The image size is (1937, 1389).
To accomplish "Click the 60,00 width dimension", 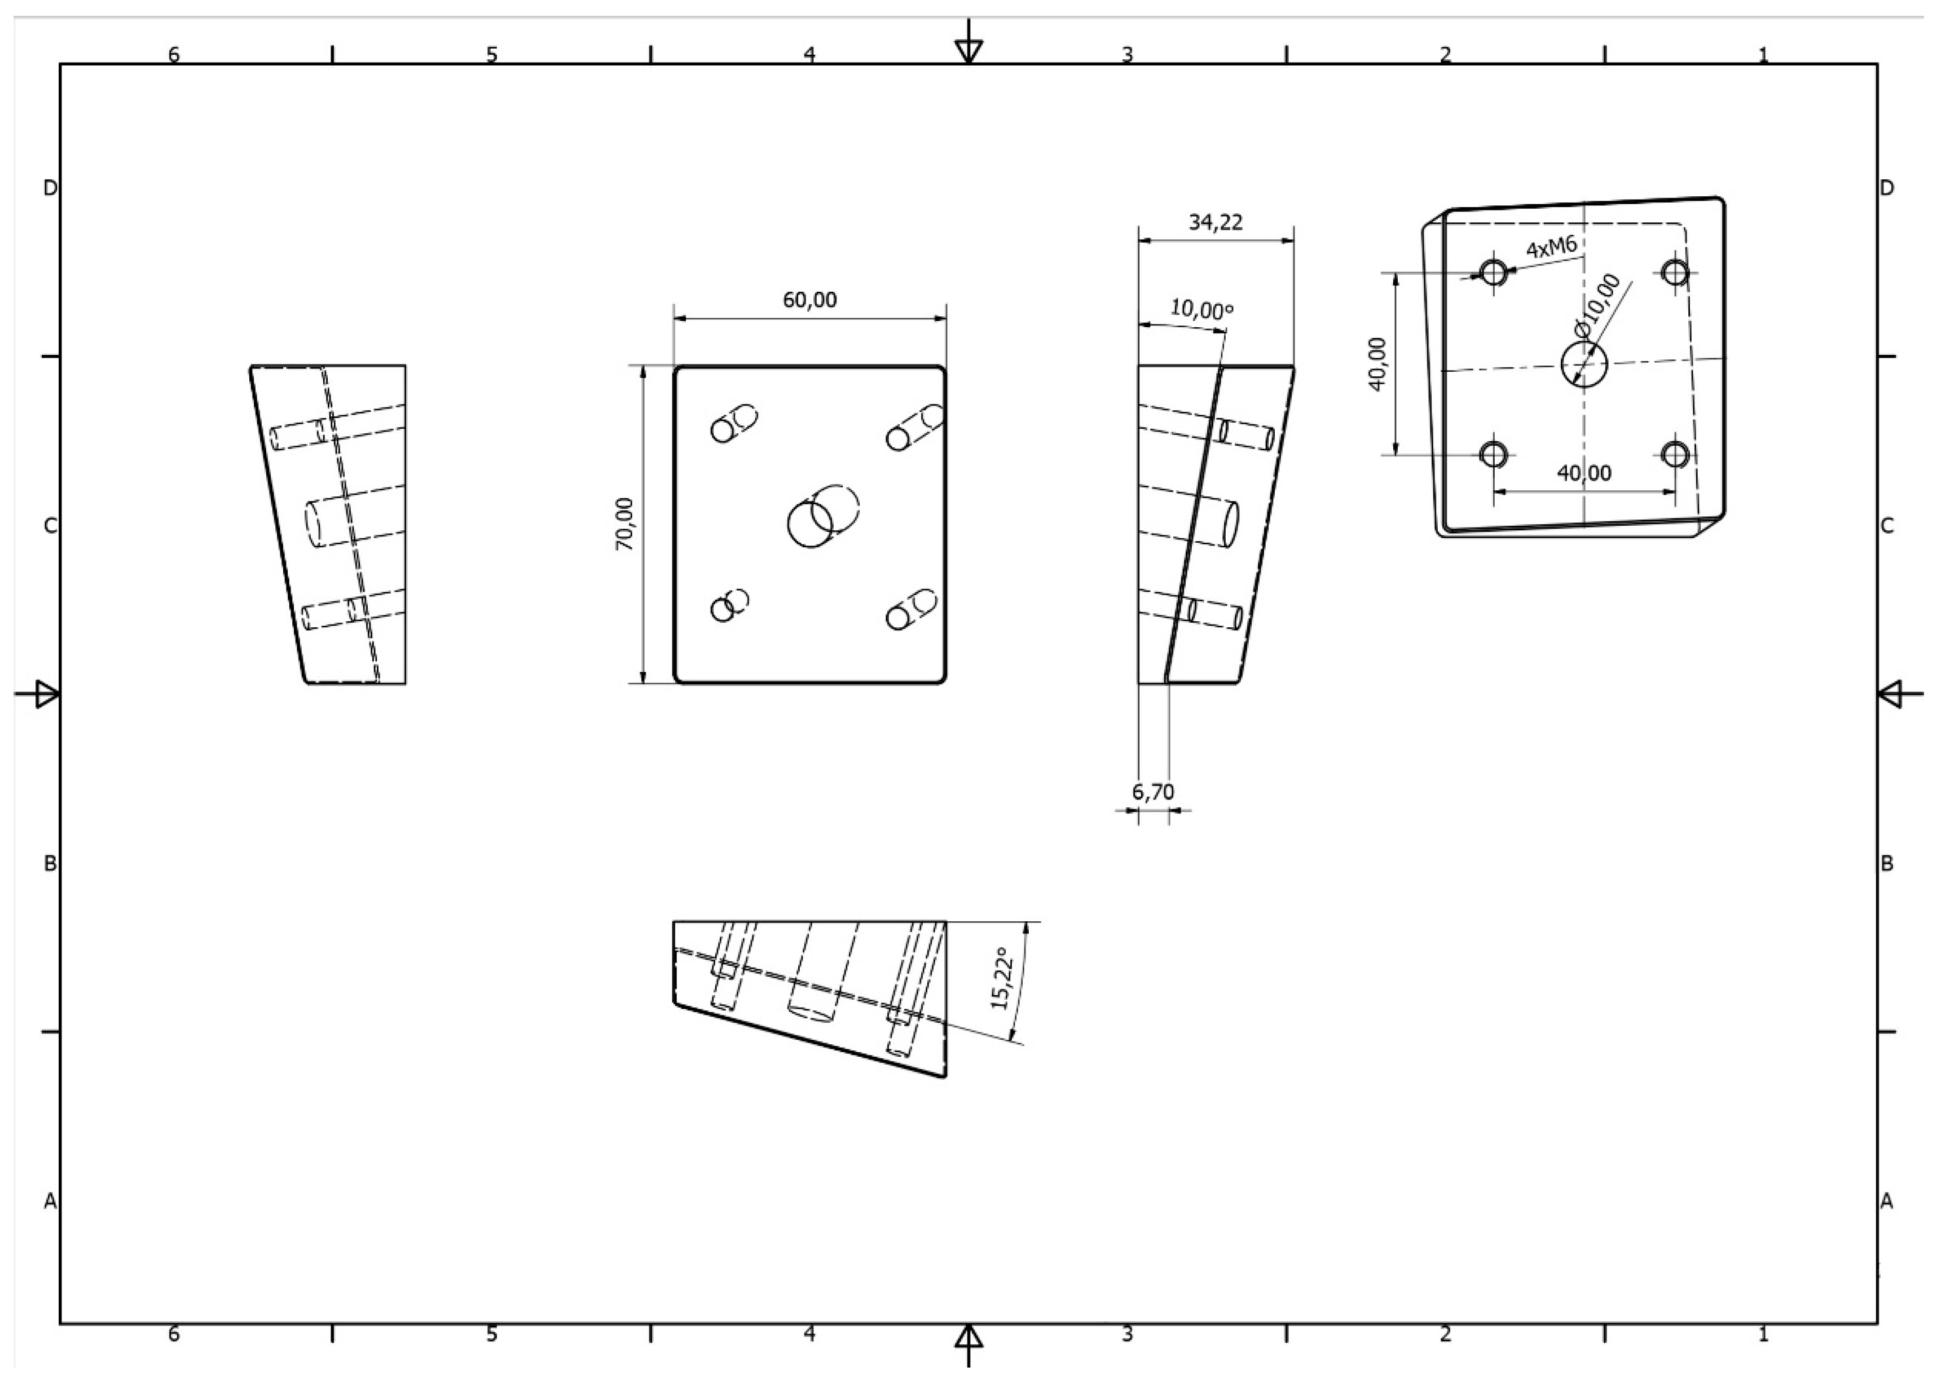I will pos(809,300).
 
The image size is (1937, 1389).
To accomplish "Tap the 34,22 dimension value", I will pos(1216,222).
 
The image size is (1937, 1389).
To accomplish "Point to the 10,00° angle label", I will pos(1201,309).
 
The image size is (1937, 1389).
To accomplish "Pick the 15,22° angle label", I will pos(1003,978).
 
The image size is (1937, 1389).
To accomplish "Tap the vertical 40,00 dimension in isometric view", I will pos(1377,364).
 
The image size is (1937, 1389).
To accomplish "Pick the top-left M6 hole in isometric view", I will pos(1494,274).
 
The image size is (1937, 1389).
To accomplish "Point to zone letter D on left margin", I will pos(50,188).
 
